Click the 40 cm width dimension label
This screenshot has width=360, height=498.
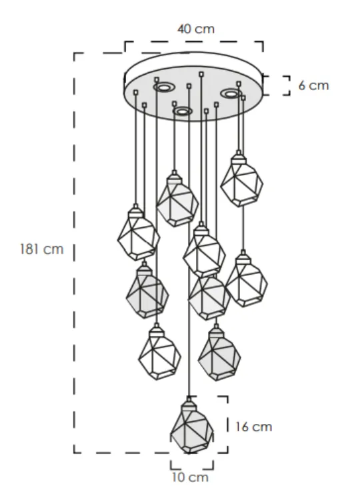point(196,29)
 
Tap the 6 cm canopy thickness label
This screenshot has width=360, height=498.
point(313,85)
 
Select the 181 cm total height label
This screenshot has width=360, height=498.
point(41,249)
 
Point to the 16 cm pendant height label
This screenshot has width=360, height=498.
point(253,427)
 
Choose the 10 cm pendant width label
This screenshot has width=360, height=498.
point(190,477)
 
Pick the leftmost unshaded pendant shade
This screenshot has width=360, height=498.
point(139,234)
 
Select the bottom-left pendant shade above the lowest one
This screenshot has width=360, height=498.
point(159,353)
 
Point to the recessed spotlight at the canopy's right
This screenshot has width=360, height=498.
point(231,93)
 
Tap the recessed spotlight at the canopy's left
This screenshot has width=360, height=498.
point(163,87)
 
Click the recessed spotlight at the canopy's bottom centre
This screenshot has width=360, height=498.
point(183,111)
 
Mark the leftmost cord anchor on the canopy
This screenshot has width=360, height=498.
point(136,93)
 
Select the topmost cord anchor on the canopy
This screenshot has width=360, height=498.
point(201,74)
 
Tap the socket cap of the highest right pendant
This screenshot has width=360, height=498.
point(239,158)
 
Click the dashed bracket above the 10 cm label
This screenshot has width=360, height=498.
point(192,465)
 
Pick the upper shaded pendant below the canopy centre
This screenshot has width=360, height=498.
point(177,200)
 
